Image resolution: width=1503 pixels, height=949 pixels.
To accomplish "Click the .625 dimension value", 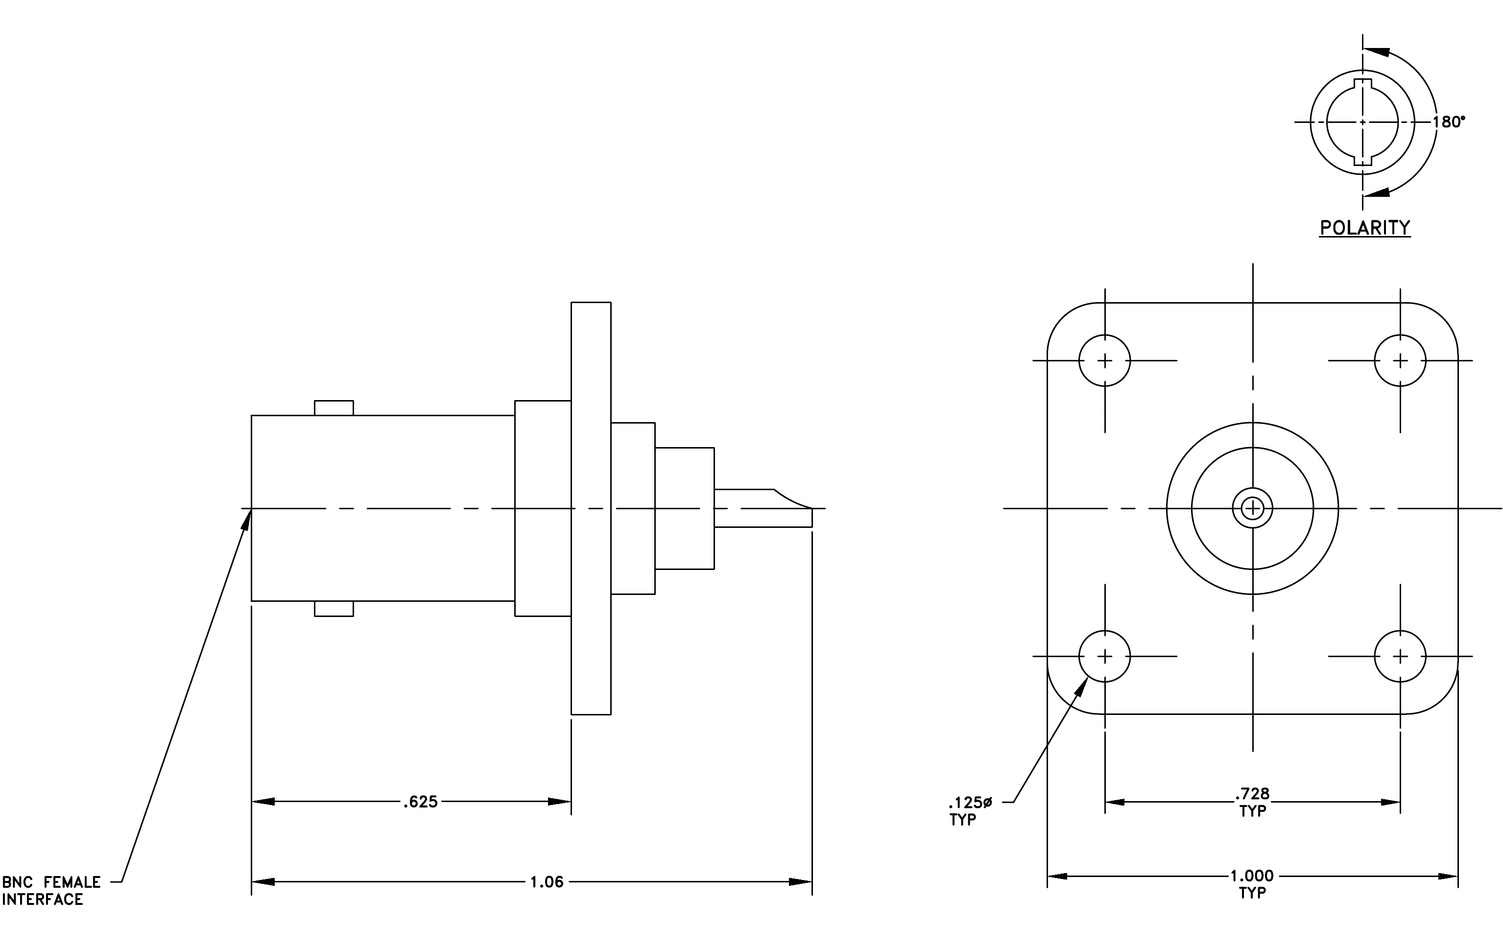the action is (x=421, y=802).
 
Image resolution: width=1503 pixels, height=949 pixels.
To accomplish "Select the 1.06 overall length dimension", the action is (x=547, y=881).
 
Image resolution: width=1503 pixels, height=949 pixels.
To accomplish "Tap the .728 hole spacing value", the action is (x=1252, y=794).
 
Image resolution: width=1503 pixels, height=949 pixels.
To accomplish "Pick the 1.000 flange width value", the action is (x=1252, y=876).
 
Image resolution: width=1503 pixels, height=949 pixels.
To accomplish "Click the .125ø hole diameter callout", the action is (x=971, y=803).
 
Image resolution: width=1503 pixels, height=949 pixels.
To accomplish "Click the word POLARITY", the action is (x=1365, y=228).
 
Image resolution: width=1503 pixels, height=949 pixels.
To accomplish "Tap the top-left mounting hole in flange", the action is (x=1105, y=360).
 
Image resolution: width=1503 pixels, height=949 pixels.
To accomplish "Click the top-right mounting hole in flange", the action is (x=1400, y=360).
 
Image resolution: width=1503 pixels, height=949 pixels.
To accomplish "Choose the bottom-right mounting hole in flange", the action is (x=1400, y=656).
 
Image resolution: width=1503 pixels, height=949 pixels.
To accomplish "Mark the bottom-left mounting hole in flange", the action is (x=1105, y=656).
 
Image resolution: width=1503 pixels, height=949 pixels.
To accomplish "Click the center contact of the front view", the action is (x=1253, y=508).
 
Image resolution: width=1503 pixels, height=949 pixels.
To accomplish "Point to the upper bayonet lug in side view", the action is (x=334, y=408).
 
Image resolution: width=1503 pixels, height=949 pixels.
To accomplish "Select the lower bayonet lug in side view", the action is (x=334, y=609).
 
